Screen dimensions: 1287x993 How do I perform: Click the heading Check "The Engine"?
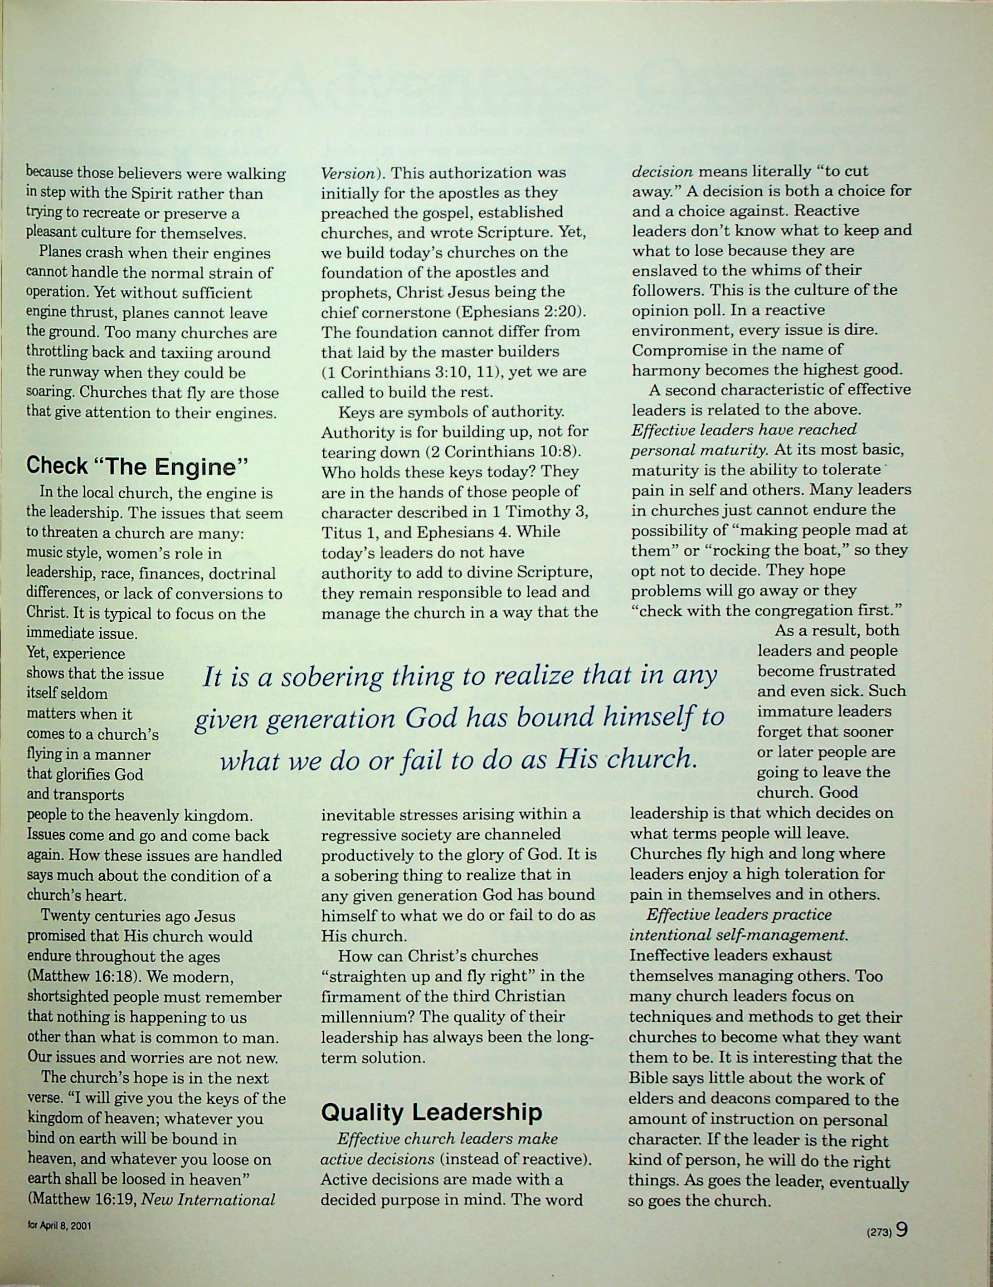click(x=136, y=466)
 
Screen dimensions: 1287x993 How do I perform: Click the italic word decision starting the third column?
click(x=662, y=172)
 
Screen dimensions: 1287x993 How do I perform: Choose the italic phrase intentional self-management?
click(x=739, y=935)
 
